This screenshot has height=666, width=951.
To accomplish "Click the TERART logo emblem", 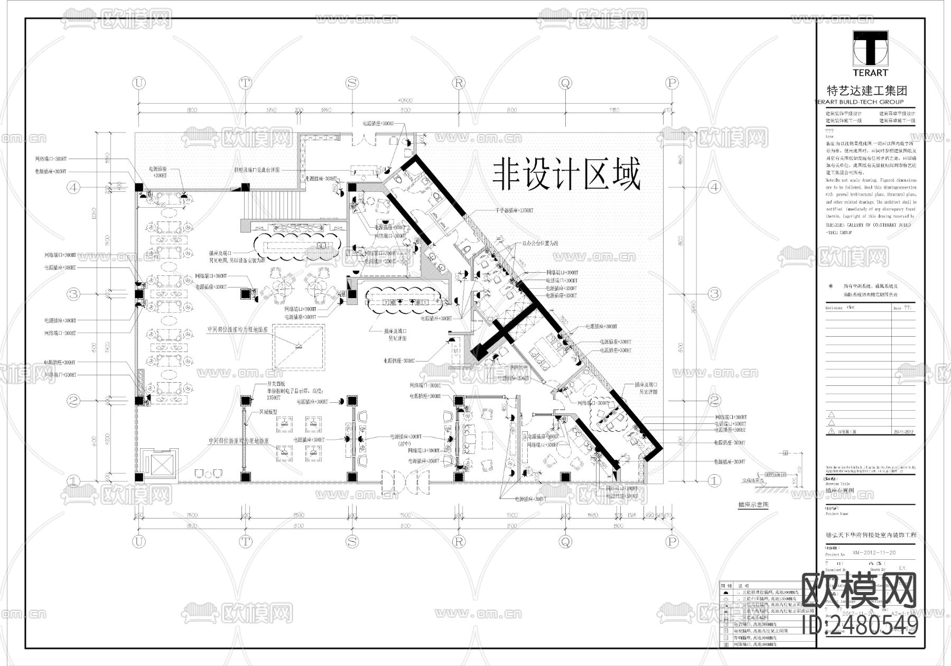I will tap(870, 48).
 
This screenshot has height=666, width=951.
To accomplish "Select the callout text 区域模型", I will tap(268, 411).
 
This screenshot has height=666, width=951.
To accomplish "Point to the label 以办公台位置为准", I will tap(540, 243).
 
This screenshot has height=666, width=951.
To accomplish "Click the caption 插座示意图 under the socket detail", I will tap(753, 505).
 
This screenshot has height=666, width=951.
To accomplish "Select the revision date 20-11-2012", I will tap(903, 432).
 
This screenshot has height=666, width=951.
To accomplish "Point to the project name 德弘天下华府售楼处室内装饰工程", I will tap(870, 535).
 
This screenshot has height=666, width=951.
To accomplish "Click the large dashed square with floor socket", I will tap(298, 347).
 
